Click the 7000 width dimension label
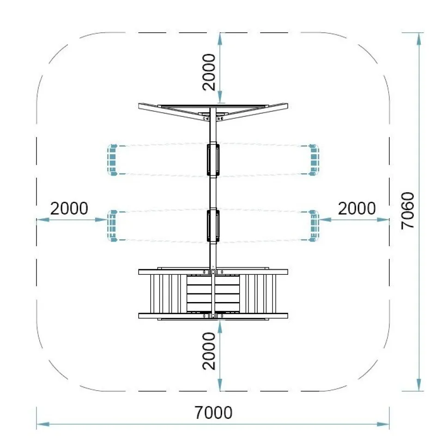coord(213,412)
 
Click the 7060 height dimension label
coord(408,211)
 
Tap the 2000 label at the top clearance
coord(209,72)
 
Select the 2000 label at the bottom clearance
coord(209,351)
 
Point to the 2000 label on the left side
coord(69,208)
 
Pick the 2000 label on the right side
coord(357,208)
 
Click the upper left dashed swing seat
coord(112,160)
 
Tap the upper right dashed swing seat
coord(314,160)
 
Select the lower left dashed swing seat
coord(112,226)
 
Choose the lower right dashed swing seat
coord(314,226)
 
